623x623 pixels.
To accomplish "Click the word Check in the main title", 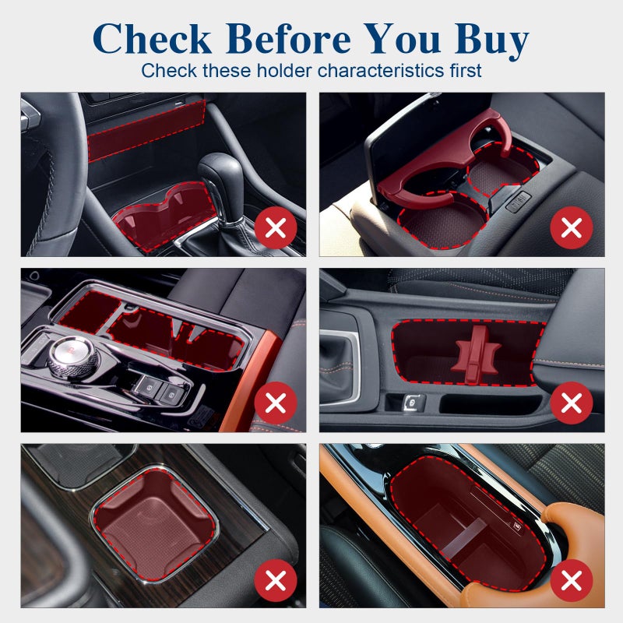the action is [x=152, y=38].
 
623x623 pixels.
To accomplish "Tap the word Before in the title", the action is [x=289, y=38].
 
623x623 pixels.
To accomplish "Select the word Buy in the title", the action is [x=491, y=41].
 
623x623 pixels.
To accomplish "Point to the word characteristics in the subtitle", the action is [x=381, y=71].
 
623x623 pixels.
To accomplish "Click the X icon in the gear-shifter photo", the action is [x=276, y=227].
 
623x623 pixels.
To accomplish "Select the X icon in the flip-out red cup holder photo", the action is [x=572, y=227].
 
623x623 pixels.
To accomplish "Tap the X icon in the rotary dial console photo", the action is [x=276, y=403].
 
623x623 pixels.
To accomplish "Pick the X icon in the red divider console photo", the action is [x=572, y=403].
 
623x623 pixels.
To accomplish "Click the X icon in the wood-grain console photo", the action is [x=276, y=580].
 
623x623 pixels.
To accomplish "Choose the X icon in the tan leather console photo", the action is [x=572, y=580].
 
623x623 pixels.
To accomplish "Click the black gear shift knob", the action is [x=220, y=174].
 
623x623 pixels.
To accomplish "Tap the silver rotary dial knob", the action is [x=72, y=354].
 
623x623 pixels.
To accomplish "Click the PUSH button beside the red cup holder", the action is [x=519, y=201].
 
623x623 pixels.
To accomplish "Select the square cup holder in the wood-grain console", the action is [x=155, y=523].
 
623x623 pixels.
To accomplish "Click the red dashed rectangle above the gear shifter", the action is [x=146, y=131].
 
